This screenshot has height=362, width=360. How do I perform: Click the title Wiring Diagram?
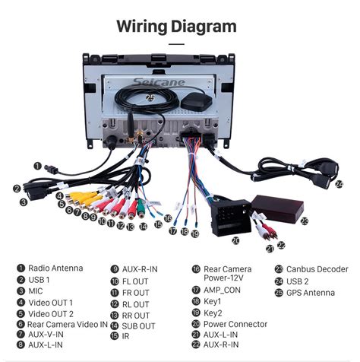(176, 27)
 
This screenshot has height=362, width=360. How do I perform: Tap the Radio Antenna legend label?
(55, 268)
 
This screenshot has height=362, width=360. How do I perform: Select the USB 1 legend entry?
(39, 280)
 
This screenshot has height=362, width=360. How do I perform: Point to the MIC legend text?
(36, 291)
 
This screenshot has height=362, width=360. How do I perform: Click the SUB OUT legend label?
(138, 325)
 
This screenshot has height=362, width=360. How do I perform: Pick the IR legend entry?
(126, 335)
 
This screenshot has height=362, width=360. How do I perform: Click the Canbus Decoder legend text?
(317, 268)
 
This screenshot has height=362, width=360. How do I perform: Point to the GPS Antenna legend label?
(310, 291)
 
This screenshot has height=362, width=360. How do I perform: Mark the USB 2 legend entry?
(298, 280)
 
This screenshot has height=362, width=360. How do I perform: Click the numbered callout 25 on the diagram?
(150, 98)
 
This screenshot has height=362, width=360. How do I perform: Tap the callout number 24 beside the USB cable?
(339, 183)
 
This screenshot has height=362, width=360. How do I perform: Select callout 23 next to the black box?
(304, 221)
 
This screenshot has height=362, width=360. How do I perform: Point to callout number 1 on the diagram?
(36, 164)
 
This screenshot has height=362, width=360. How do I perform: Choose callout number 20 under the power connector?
(235, 240)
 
